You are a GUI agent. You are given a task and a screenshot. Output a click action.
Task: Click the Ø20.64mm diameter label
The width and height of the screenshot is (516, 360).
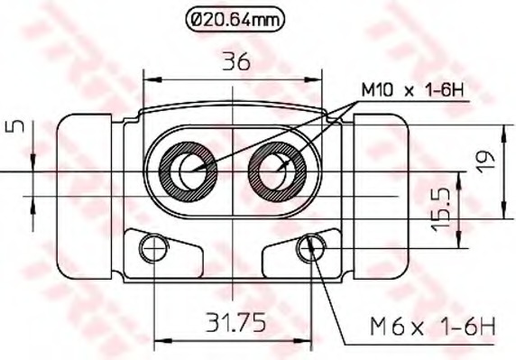[x=235, y=20]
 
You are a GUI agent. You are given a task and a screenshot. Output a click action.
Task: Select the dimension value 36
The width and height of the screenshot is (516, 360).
[x=236, y=61]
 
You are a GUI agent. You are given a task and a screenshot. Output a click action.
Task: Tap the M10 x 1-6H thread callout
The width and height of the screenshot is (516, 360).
[x=412, y=89]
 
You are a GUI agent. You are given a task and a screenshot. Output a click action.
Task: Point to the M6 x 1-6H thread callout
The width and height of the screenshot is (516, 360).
[x=433, y=326]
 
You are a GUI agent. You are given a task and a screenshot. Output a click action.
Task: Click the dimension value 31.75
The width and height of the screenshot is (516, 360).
[x=235, y=322]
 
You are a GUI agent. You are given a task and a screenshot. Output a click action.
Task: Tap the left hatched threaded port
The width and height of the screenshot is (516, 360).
[x=188, y=171]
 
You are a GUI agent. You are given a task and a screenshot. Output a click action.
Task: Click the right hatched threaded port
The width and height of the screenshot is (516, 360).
[x=278, y=171]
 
